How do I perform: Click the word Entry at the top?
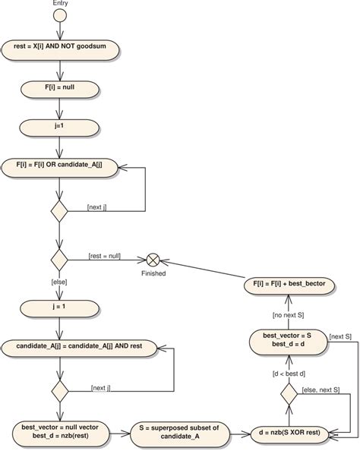pyautogui.click(x=61, y=5)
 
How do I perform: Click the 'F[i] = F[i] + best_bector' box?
pyautogui.click(x=288, y=287)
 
